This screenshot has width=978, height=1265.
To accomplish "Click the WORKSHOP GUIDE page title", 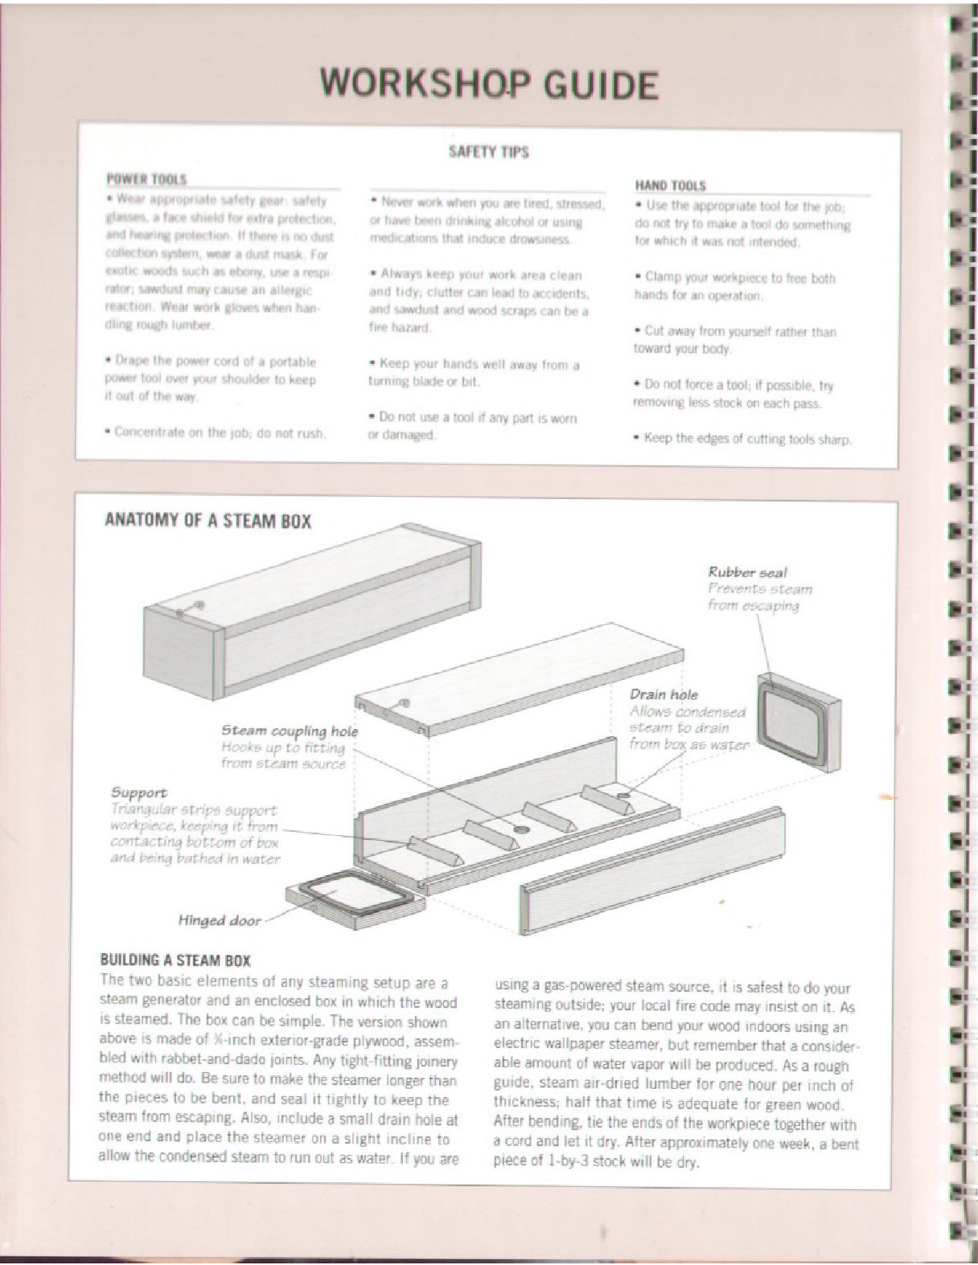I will click(x=488, y=84).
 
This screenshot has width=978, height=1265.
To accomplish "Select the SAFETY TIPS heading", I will click(x=488, y=151).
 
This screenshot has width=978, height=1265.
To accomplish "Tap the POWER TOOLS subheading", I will click(x=146, y=179).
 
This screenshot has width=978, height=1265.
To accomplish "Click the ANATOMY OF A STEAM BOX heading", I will click(x=208, y=521).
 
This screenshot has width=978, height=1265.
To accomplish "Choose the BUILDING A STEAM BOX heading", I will click(x=175, y=960).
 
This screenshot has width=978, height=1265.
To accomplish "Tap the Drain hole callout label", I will click(x=664, y=694).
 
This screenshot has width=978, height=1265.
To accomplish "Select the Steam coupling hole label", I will click(x=289, y=731).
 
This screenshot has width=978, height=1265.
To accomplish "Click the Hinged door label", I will click(x=220, y=920).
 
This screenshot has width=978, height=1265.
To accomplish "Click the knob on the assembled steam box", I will click(x=199, y=605).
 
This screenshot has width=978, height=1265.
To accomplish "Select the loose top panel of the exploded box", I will click(x=515, y=683).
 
